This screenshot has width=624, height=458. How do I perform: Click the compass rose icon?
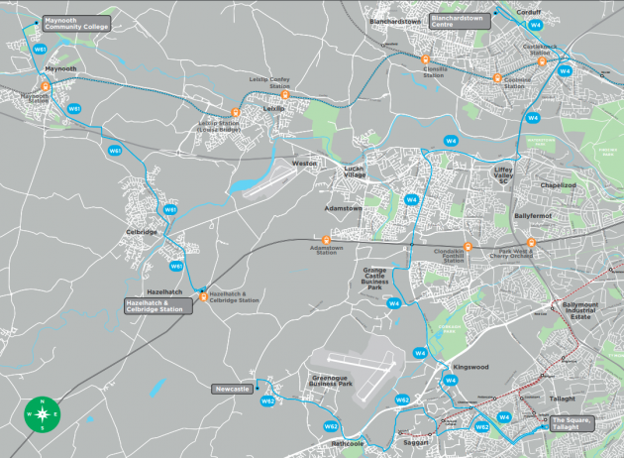[43, 413]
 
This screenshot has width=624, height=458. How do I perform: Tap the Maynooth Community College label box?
[75, 23]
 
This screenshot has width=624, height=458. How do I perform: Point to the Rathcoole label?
[350, 444]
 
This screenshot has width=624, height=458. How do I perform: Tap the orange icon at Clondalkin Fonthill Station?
[468, 247]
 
